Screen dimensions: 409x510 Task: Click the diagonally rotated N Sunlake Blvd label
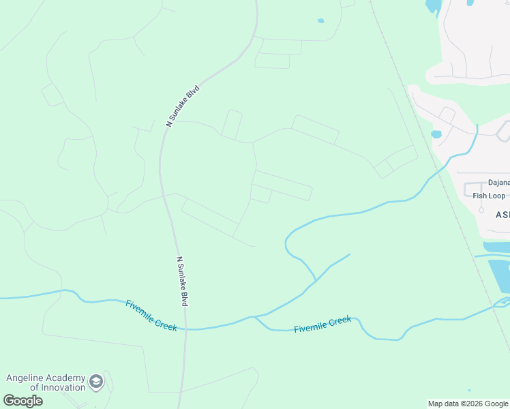pyautogui.click(x=183, y=106)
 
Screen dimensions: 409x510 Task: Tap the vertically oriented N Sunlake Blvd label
pyautogui.click(x=182, y=281)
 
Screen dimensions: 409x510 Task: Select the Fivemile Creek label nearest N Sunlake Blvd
pyautogui.click(x=151, y=316)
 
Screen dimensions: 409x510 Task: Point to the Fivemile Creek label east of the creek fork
pyautogui.click(x=322, y=324)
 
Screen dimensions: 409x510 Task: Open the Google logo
pyautogui.click(x=22, y=400)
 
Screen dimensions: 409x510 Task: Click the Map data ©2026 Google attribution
pyautogui.click(x=468, y=404)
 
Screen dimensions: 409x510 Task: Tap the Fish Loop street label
pyautogui.click(x=489, y=196)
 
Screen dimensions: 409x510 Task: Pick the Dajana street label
pyautogui.click(x=498, y=183)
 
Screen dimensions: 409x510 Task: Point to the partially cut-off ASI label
pyautogui.click(x=502, y=214)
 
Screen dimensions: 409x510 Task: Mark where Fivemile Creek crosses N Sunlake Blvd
pyautogui.click(x=185, y=329)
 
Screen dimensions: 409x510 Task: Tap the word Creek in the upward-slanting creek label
pyautogui.click(x=339, y=321)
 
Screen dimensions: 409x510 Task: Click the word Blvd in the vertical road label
pyautogui.click(x=183, y=296)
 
